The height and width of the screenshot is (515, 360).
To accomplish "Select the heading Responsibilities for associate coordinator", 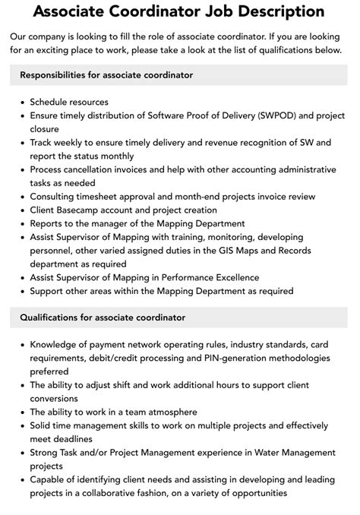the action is pyautogui.click(x=106, y=75).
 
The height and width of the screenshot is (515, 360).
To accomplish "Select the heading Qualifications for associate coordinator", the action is pyautogui.click(x=103, y=317).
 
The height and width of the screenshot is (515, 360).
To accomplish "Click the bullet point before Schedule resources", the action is pyautogui.click(x=21, y=102).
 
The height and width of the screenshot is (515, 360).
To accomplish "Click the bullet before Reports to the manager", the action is pyautogui.click(x=21, y=223).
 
